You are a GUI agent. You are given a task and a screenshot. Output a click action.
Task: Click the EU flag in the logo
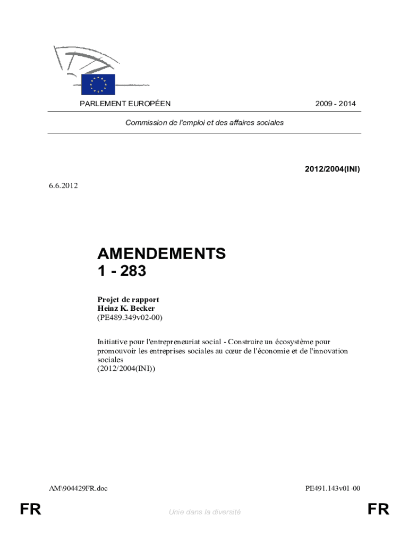[x=98, y=84]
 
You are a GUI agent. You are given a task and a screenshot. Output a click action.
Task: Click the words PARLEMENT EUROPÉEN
[x=125, y=104]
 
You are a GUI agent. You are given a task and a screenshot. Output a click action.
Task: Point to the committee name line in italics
[x=204, y=122]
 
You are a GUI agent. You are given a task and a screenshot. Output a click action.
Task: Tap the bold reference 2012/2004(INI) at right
[x=333, y=169]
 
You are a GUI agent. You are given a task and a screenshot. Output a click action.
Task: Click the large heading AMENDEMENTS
[x=161, y=254]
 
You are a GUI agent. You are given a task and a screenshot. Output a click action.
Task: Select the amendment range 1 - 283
[x=122, y=271]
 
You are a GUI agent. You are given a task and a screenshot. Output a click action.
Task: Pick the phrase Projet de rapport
[x=128, y=300]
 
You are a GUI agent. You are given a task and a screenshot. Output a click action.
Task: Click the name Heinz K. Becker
[x=126, y=308]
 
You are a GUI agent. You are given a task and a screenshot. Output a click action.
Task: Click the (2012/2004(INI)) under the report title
[x=126, y=368]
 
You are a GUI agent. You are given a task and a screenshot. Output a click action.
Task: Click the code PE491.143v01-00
[x=333, y=488]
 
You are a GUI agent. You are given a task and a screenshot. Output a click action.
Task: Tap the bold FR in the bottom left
[x=30, y=510]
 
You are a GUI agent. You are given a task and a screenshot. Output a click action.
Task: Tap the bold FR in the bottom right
[x=378, y=510]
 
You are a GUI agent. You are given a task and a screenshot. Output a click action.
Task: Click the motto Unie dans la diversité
[x=204, y=512]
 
